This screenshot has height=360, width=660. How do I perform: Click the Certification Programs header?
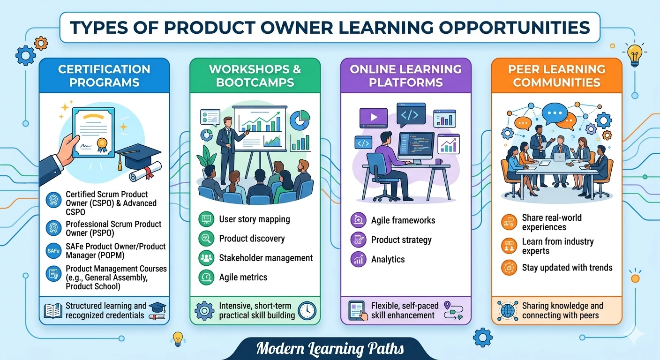pos(104,76)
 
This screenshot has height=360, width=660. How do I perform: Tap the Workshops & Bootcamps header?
pos(255,76)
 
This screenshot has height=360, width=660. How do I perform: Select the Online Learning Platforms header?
pos(405,76)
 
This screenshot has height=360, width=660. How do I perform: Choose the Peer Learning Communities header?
pos(556,76)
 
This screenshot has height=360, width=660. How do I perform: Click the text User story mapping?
pos(255,219)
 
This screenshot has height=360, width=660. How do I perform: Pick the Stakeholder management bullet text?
pos(266,258)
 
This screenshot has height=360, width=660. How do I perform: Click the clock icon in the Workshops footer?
pos(307,310)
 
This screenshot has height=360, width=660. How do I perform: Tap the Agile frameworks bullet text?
pos(403,220)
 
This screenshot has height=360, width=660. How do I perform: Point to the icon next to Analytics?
pos(358,259)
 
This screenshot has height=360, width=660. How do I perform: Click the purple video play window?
pos(373,118)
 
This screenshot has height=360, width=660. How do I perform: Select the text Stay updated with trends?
pos(567,268)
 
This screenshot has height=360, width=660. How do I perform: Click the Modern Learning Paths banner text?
pos(330,349)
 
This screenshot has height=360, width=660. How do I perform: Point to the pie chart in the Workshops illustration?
pos(300,120)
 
